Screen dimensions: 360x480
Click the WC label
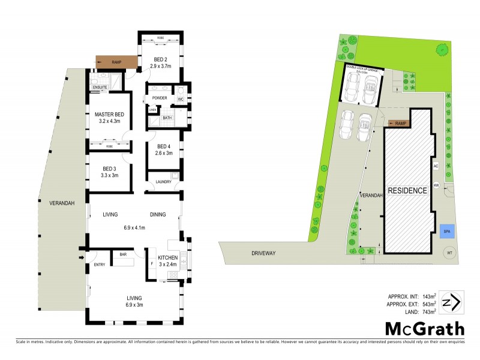coord(180,98)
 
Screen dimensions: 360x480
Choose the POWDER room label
coord(160,98)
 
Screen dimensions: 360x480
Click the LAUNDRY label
coord(163,181)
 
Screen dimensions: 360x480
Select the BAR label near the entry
coord(123,254)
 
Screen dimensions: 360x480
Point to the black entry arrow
coord(82,259)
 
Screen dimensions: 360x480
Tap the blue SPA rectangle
coord(446,231)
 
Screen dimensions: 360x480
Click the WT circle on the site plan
coord(449,254)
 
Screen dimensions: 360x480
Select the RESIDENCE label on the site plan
coord(407,191)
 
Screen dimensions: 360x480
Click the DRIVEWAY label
coord(263,254)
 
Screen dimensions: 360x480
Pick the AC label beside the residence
coord(436,166)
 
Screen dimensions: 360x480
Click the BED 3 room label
coord(109,171)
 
